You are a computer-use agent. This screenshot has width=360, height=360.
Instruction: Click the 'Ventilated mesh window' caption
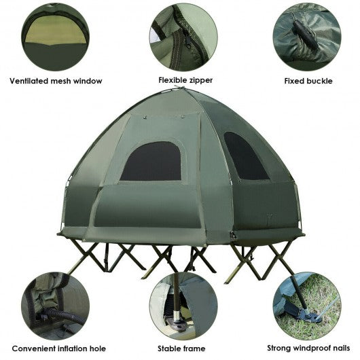click(x=56, y=81)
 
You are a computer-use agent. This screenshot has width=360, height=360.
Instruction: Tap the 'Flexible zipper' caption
click(x=185, y=80)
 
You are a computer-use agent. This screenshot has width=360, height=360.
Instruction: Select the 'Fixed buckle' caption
click(x=308, y=81)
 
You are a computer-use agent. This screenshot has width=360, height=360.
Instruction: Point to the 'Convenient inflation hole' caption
click(x=59, y=348)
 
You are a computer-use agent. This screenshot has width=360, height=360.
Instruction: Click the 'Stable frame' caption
click(x=181, y=348)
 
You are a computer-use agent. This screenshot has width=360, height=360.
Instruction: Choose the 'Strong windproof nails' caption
click(x=308, y=348)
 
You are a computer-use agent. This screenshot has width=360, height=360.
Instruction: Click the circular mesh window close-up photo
click(x=55, y=37)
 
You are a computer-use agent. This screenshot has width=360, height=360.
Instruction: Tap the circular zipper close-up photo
click(x=183, y=37)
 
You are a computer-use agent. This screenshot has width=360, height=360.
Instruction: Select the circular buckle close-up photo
click(x=307, y=37)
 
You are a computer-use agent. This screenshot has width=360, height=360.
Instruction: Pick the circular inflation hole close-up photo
click(x=55, y=306)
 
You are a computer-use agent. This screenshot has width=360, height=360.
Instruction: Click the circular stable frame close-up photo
click(x=183, y=306)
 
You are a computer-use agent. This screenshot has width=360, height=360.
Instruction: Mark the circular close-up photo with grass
click(x=307, y=306)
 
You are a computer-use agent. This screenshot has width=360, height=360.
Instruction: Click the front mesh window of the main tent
click(x=151, y=162)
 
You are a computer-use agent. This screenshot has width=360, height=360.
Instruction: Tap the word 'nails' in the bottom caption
click(x=341, y=348)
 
